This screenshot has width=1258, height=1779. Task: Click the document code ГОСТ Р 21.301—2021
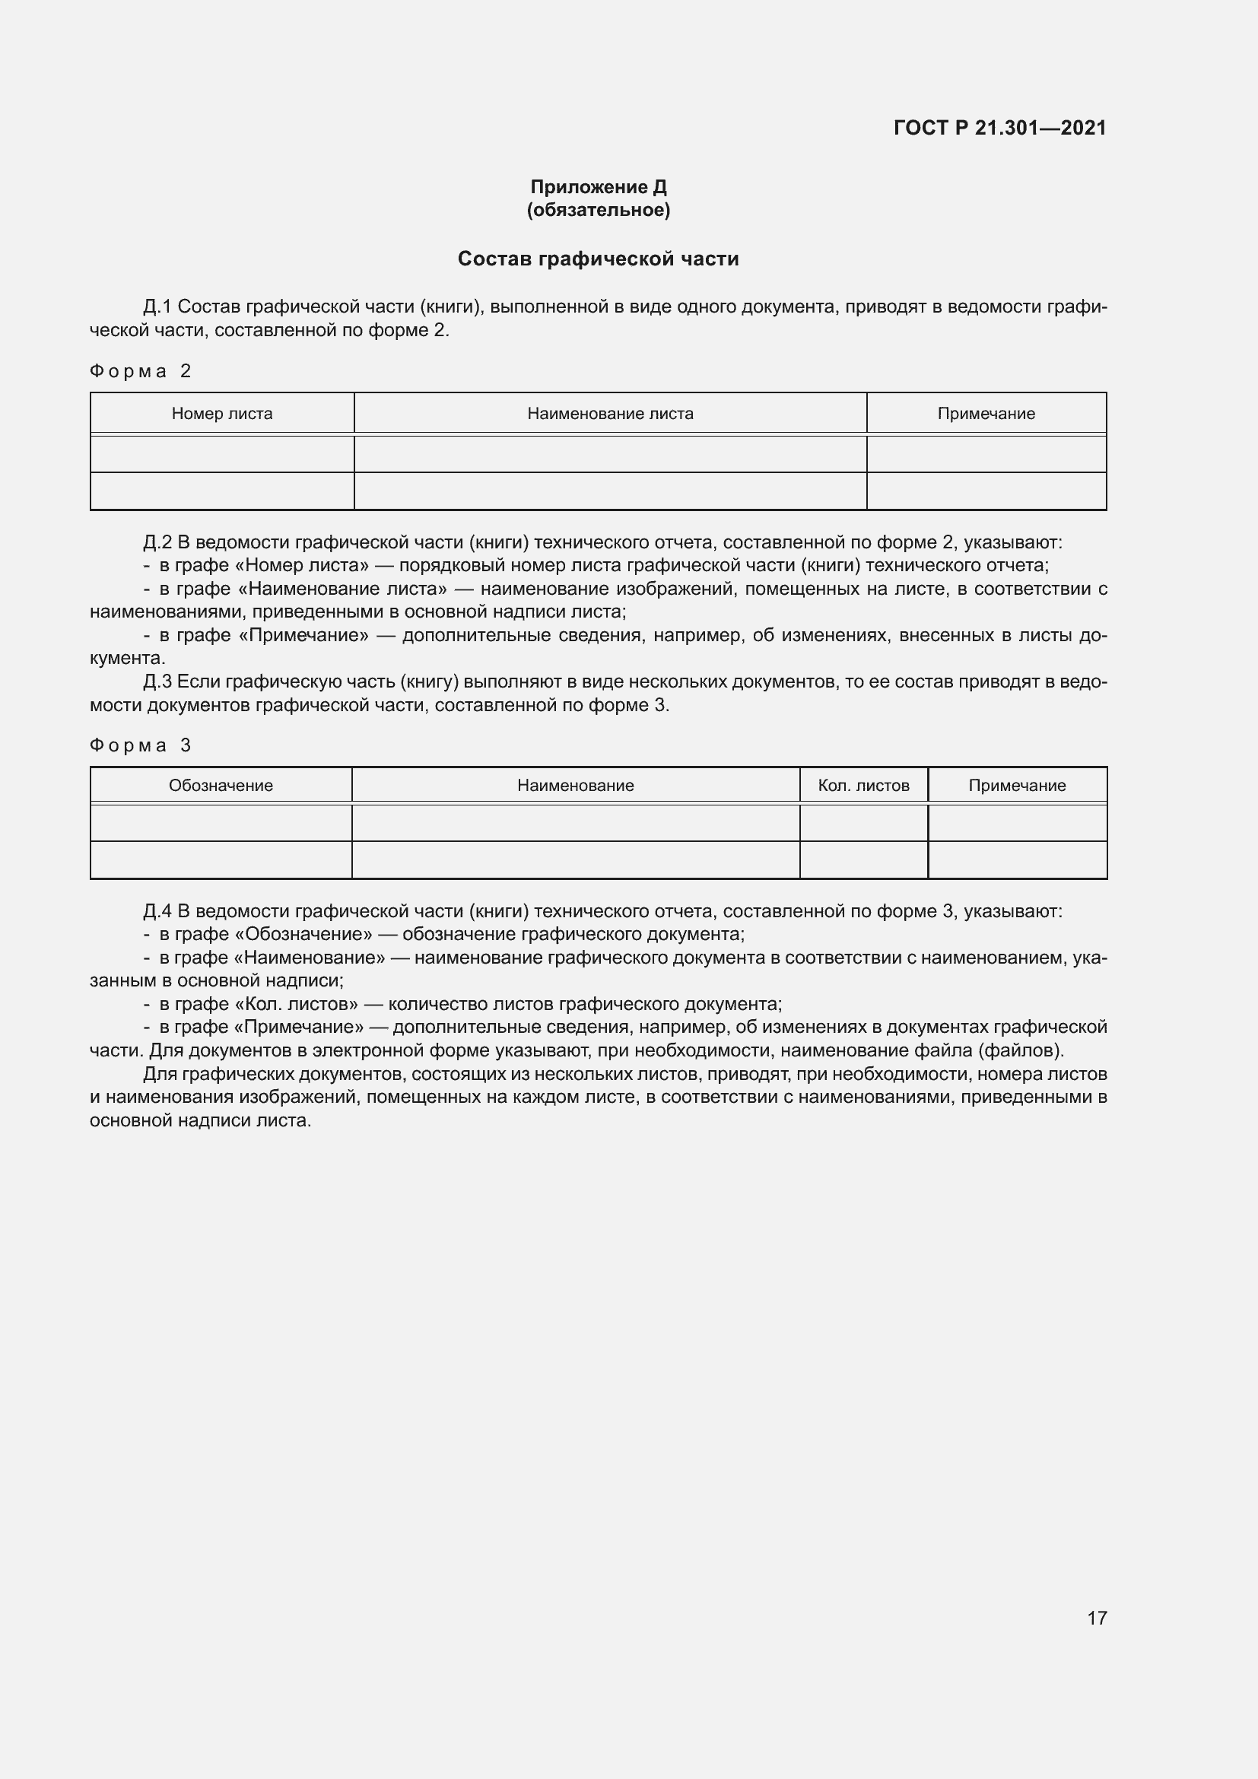click(999, 128)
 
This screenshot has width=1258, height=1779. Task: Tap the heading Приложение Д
click(598, 187)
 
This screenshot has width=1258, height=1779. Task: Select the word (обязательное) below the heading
click(598, 210)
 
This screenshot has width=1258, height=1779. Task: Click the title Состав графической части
click(598, 259)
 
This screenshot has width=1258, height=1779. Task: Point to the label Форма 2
click(140, 371)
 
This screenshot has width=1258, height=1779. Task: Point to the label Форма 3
click(140, 745)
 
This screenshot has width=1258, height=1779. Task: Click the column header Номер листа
click(222, 414)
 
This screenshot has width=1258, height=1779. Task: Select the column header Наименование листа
click(611, 414)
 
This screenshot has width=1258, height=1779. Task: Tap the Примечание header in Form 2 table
click(986, 414)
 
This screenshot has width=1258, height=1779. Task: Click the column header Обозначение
click(221, 786)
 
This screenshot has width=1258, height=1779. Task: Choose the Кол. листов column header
click(864, 786)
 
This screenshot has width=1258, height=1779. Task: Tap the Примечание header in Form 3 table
click(1017, 786)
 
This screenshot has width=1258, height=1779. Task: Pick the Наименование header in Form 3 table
click(576, 786)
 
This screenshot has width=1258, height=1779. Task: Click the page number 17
click(1097, 1618)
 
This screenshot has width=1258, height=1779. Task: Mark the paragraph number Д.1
click(157, 307)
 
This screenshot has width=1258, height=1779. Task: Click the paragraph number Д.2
click(157, 542)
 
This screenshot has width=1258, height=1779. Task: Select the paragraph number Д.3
click(157, 681)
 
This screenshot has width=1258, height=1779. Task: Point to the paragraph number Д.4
click(157, 911)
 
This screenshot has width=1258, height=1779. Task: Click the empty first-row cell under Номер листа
click(222, 454)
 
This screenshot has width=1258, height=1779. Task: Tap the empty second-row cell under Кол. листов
click(864, 860)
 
